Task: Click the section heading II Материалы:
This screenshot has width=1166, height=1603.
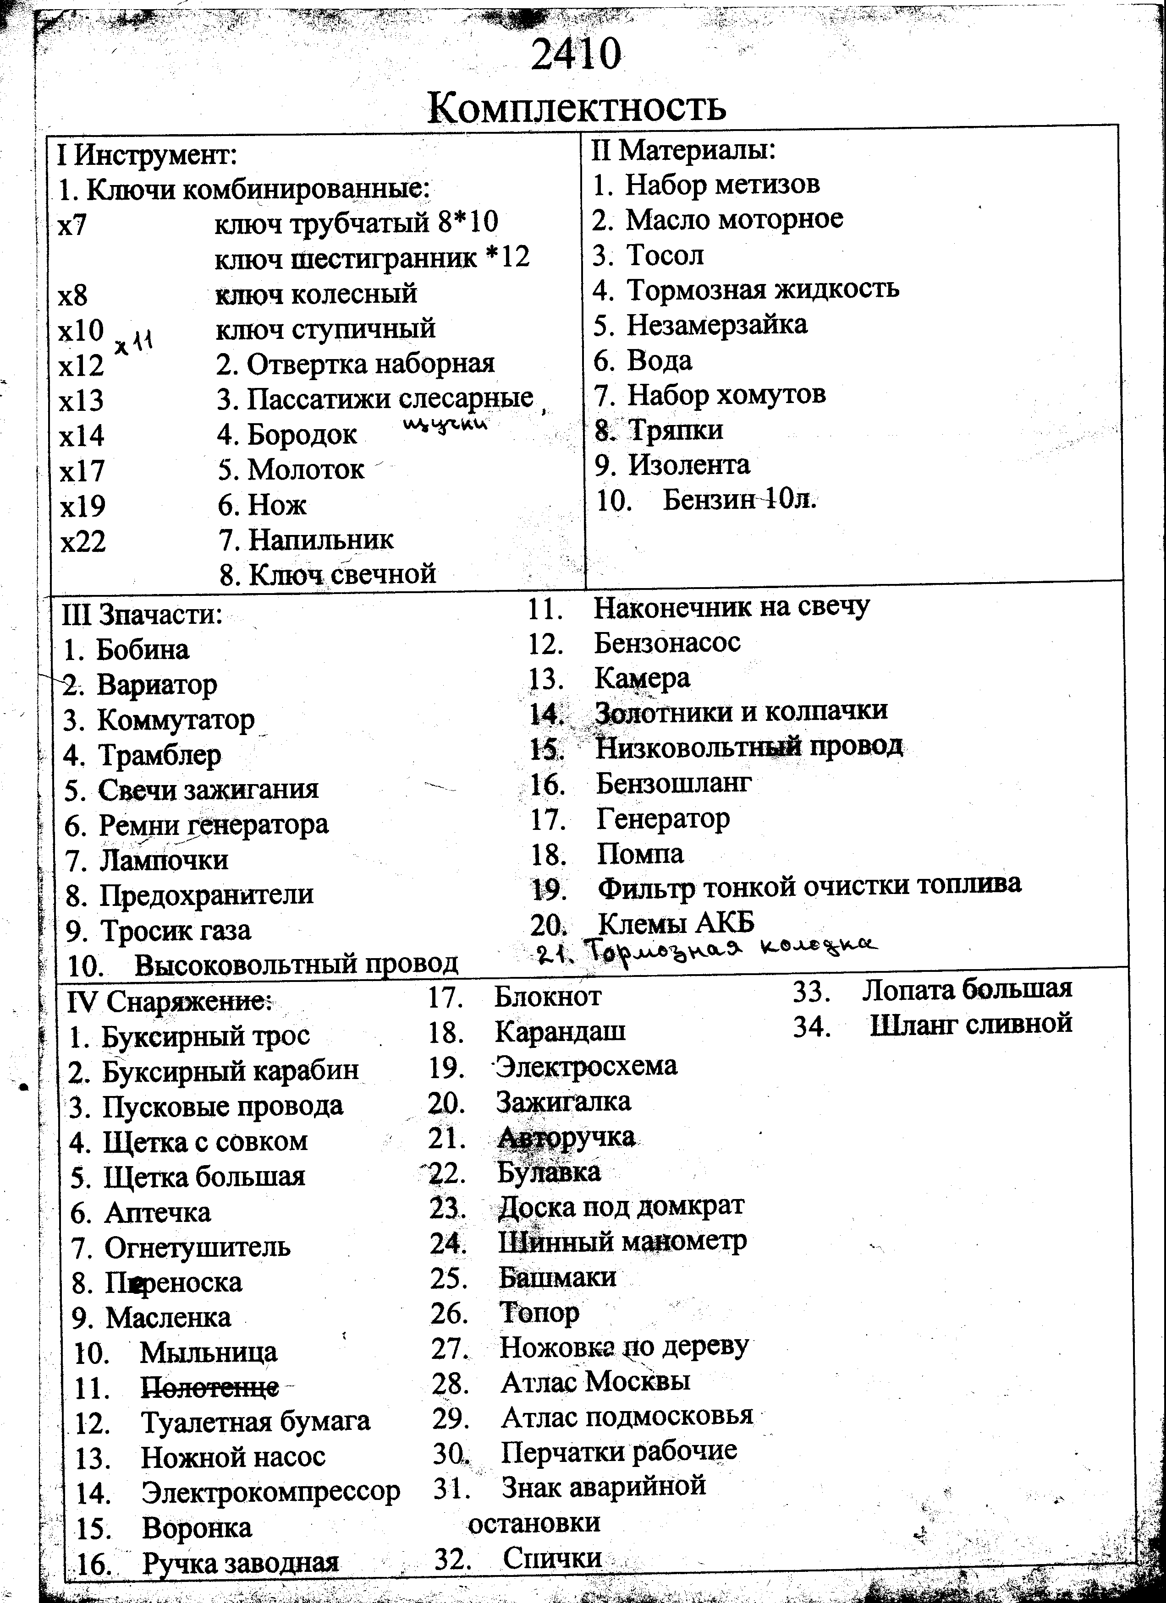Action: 683,150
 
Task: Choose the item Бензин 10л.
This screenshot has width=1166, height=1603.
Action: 739,500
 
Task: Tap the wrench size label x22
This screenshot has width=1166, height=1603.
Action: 83,541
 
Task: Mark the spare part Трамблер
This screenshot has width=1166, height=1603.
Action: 159,755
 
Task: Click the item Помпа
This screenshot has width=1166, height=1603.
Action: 640,854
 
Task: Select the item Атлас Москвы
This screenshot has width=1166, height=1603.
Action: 595,1380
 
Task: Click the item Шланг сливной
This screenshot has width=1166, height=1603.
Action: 971,1024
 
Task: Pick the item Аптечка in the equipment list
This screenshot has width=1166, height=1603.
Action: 157,1212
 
